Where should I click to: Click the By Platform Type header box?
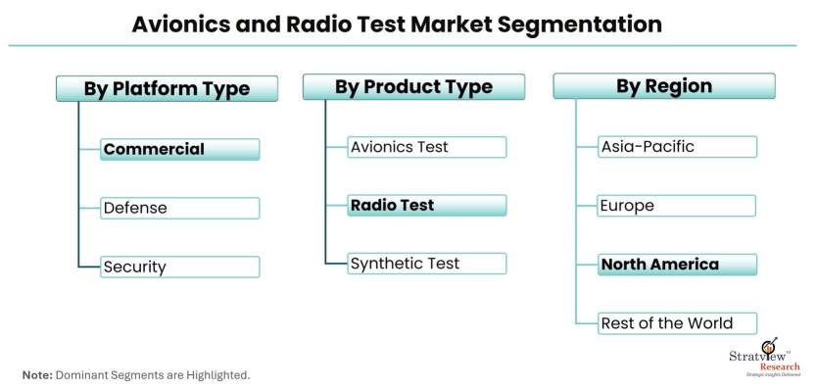point(167,88)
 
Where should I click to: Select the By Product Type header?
point(413,86)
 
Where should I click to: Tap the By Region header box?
point(664,86)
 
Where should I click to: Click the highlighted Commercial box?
point(179,150)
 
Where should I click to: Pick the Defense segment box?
point(179,208)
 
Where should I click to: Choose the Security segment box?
point(179,267)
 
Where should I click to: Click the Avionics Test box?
point(427,147)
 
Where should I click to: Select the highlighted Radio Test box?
point(427,205)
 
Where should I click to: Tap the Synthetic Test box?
point(427,264)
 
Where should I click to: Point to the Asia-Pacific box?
point(677,146)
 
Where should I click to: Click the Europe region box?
point(677,206)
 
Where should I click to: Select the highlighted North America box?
point(677,265)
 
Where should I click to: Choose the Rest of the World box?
point(677,323)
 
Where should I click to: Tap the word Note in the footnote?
point(37,375)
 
